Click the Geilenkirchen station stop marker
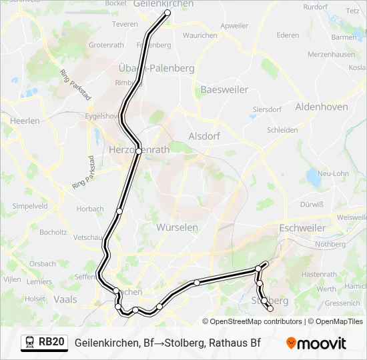[x=167, y=12]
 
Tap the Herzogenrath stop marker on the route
[x=138, y=151]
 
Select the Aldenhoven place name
[x=321, y=107]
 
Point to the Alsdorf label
[x=204, y=135]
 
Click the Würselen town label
[x=177, y=227]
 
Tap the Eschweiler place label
[x=303, y=228]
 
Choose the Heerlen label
[x=25, y=121]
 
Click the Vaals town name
[x=65, y=299]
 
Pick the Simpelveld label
[x=29, y=207]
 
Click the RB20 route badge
[x=51, y=343]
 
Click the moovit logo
[x=316, y=343]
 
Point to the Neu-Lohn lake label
[x=332, y=173]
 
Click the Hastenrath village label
[x=319, y=274]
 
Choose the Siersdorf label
[x=267, y=109]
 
